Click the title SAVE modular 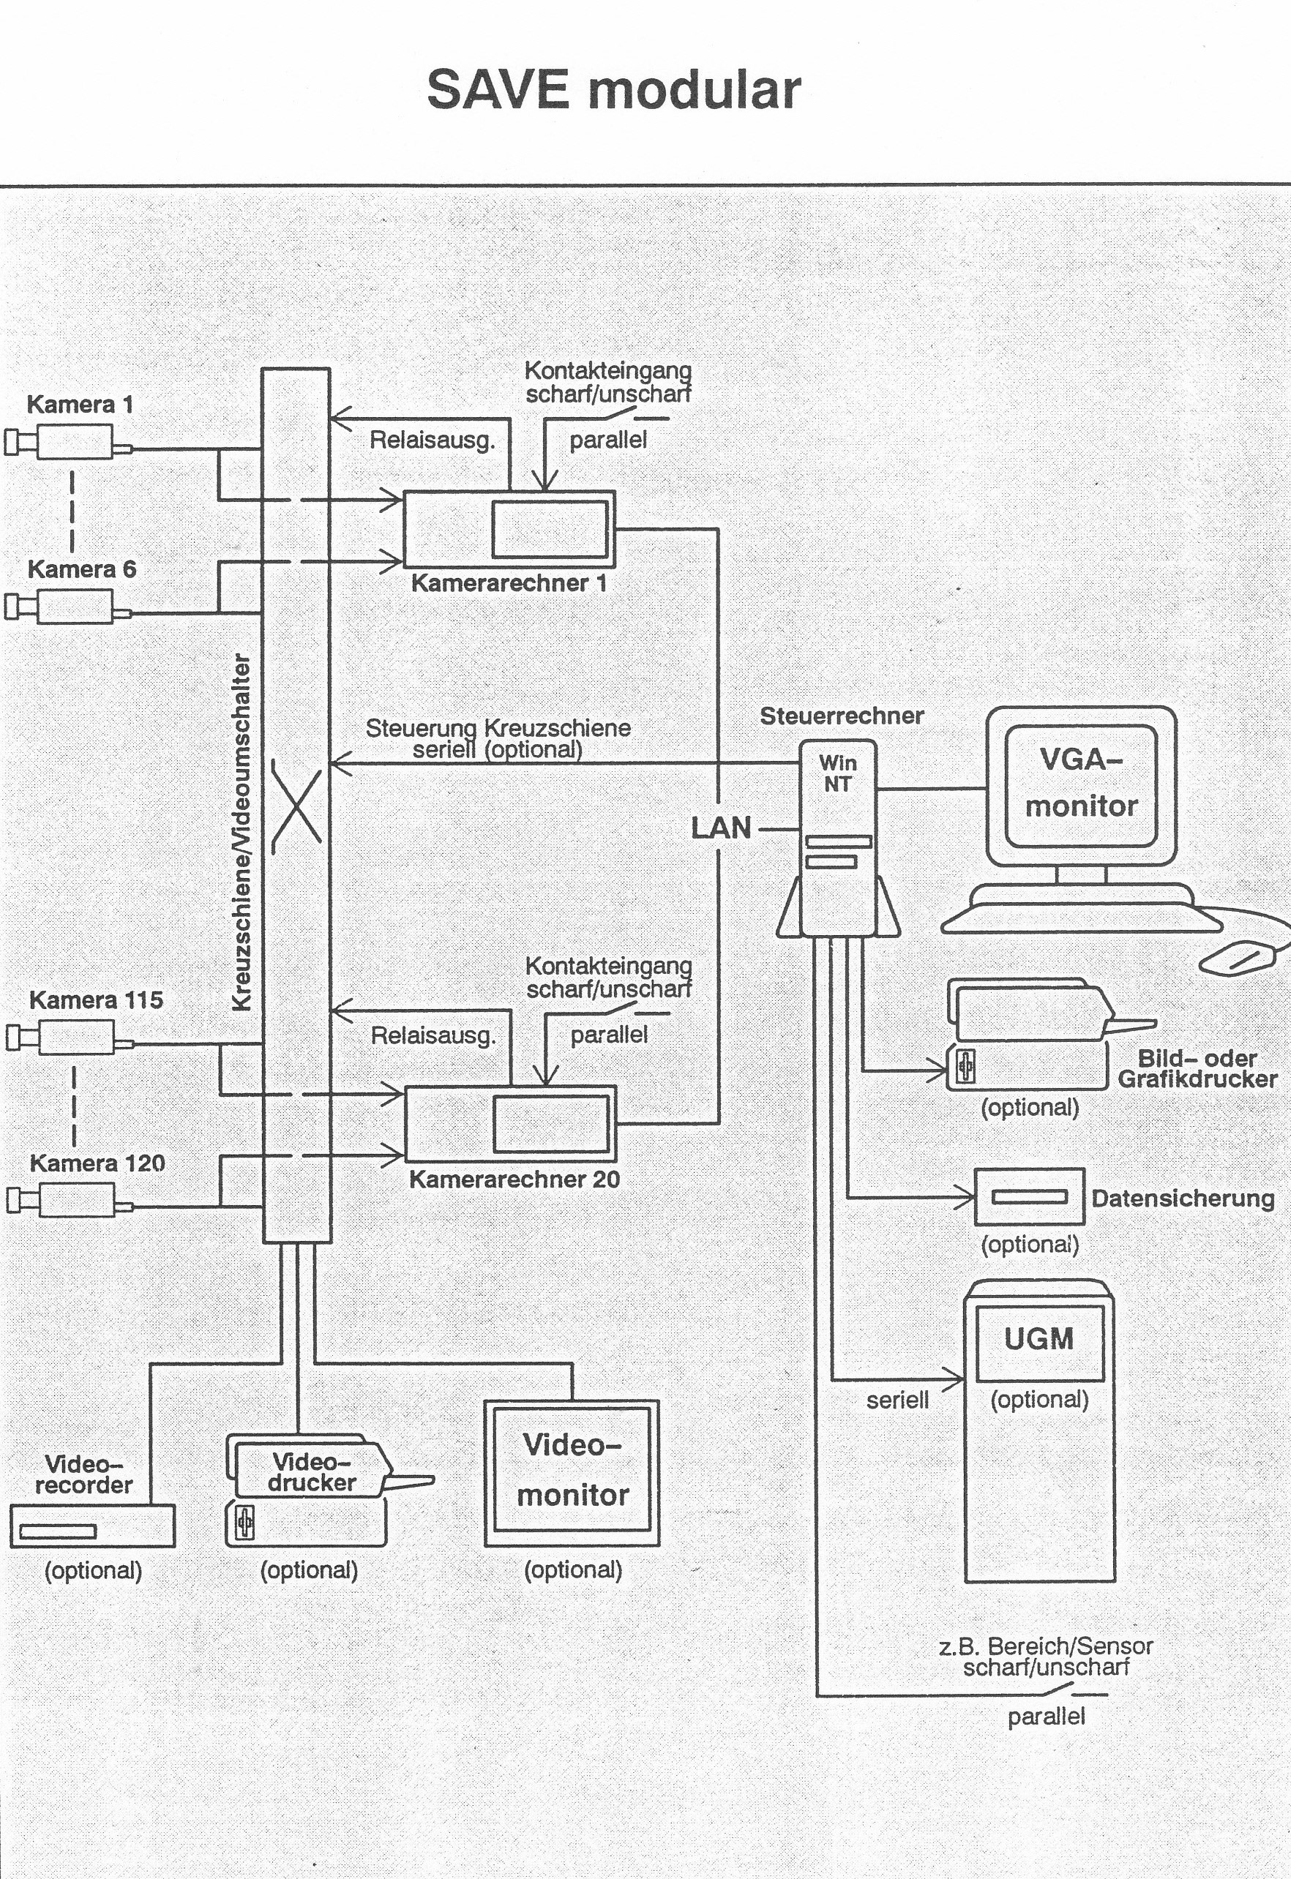613,89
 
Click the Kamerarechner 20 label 514,1179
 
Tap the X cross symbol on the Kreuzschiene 297,806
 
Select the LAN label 721,828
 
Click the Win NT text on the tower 837,773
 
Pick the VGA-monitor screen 1081,784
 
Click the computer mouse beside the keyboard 1238,958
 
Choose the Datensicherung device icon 1029,1197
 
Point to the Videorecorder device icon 92,1526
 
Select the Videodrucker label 312,1471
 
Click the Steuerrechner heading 841,716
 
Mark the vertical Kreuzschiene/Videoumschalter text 241,833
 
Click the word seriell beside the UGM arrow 897,1400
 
